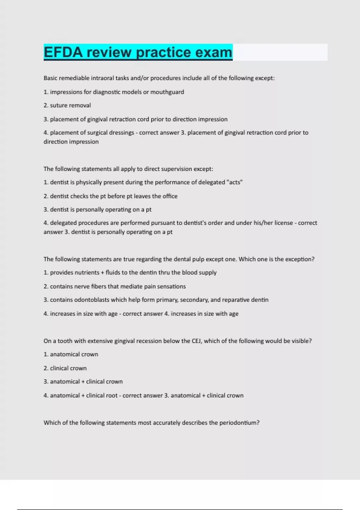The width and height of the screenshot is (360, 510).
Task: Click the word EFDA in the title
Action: (x=63, y=52)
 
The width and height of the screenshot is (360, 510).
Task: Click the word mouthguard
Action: (x=167, y=92)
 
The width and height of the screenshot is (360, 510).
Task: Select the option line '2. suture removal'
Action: (x=67, y=106)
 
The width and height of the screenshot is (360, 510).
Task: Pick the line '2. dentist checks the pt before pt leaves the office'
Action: (x=110, y=196)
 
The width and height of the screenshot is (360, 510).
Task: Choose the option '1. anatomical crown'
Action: (x=71, y=354)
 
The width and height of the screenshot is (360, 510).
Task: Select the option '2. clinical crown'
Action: (x=65, y=368)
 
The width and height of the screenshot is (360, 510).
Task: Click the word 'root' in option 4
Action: (x=110, y=395)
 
